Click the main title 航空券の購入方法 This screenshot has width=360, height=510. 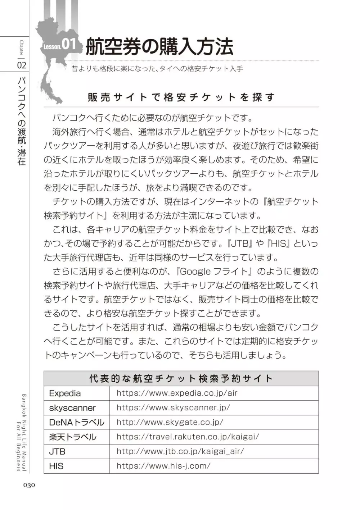click(159, 47)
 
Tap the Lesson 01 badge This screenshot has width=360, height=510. click(60, 45)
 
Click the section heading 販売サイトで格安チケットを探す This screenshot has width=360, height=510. click(181, 97)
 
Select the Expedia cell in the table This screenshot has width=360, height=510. click(65, 393)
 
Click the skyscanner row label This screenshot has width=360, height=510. click(72, 408)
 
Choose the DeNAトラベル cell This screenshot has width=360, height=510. click(76, 423)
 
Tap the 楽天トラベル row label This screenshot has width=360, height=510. click(73, 437)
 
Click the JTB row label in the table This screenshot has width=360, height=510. click(57, 452)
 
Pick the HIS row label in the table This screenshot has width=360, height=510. click(56, 466)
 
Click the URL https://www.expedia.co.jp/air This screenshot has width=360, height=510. click(177, 393)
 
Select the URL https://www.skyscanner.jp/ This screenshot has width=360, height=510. click(173, 408)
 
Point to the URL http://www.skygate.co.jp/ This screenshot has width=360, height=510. click(170, 422)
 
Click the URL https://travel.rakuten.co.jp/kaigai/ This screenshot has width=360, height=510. click(188, 437)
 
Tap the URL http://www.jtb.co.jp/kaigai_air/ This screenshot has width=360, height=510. click(180, 451)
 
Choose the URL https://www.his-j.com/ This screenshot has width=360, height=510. click(163, 466)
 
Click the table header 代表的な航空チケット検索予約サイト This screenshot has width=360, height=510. click(181, 379)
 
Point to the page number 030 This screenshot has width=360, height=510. click(29, 485)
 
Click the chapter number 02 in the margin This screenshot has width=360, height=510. click(22, 65)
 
